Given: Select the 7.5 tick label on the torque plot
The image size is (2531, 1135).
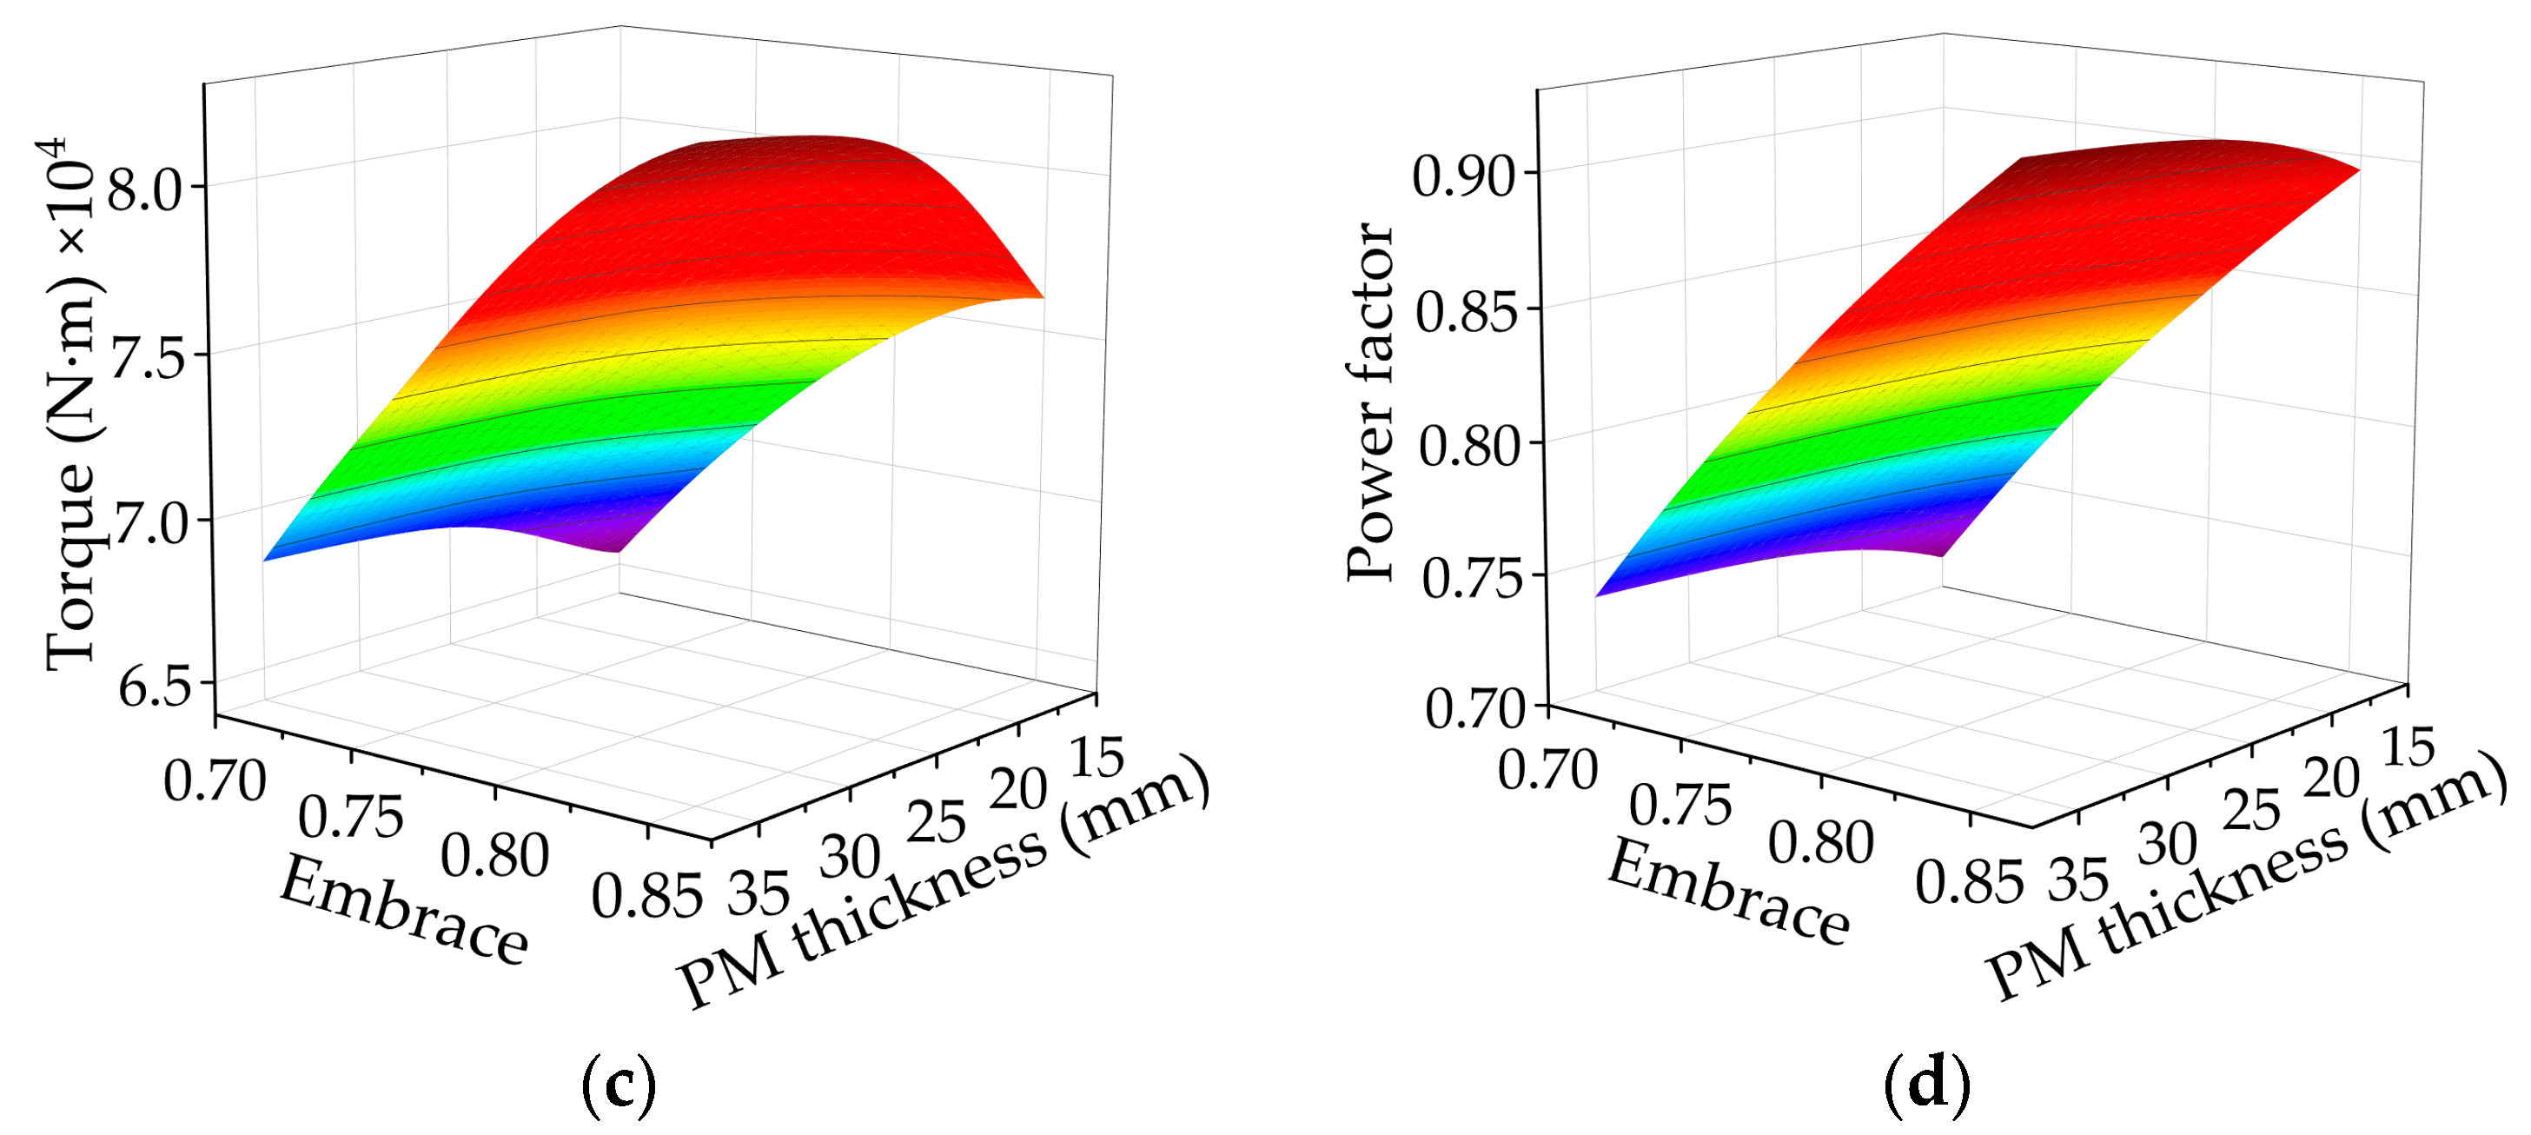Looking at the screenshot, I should pyautogui.click(x=148, y=359).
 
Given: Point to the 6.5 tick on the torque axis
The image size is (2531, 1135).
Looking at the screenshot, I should pyautogui.click(x=155, y=687).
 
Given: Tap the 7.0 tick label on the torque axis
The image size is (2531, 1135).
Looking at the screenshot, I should pyautogui.click(x=150, y=523).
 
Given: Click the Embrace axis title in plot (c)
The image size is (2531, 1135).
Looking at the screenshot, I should pyautogui.click(x=404, y=910).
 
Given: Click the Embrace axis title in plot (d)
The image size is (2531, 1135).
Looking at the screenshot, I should pyautogui.click(x=1728, y=893).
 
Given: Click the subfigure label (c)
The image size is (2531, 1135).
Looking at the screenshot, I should pyautogui.click(x=618, y=1084).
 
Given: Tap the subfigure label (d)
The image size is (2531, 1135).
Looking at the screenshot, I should pyautogui.click(x=1927, y=1083).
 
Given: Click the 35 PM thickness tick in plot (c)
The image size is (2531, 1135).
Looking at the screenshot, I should pyautogui.click(x=759, y=893).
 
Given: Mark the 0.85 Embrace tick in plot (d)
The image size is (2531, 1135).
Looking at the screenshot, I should pyautogui.click(x=1969, y=881).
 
